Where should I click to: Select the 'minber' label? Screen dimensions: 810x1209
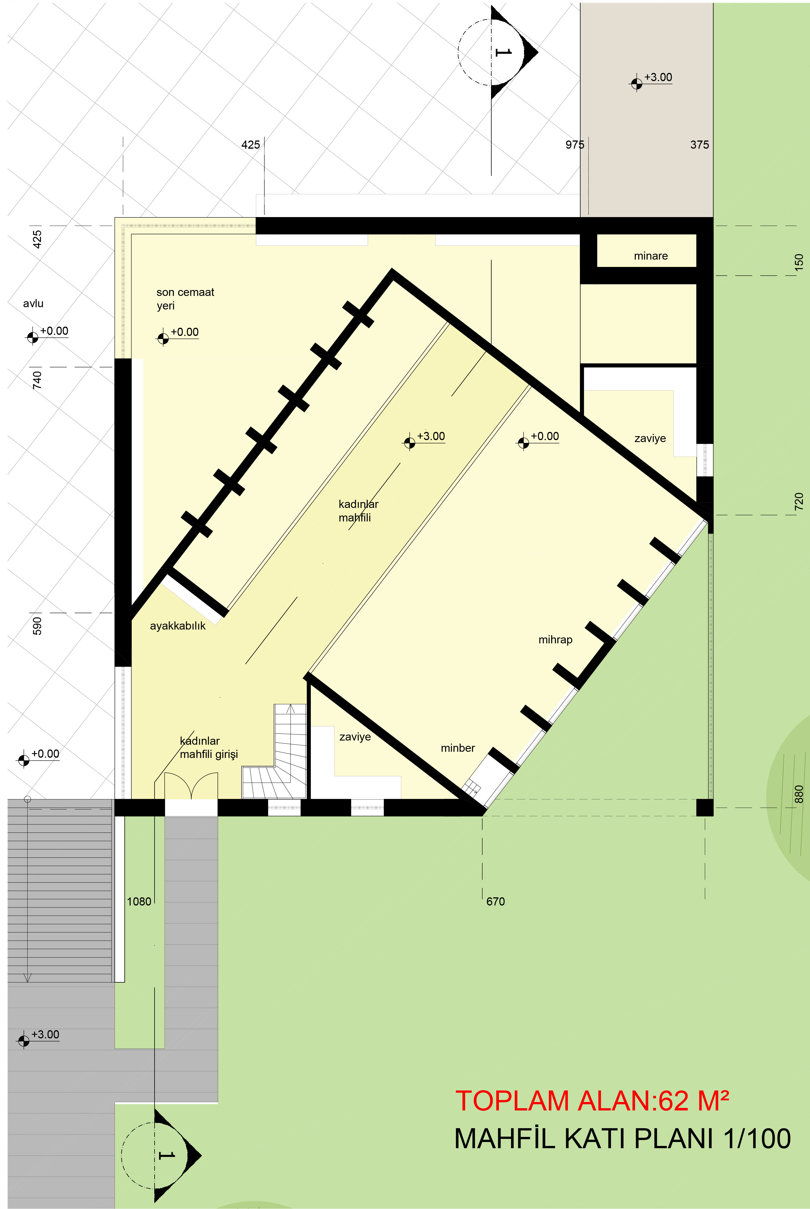click(458, 748)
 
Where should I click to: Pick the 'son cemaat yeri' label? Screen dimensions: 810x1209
click(185, 298)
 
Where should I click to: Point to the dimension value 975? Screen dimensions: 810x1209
click(574, 145)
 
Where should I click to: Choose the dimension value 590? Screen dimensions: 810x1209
click(37, 625)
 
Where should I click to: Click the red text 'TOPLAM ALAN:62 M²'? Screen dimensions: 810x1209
click(592, 1101)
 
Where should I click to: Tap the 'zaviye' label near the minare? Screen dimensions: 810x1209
click(650, 438)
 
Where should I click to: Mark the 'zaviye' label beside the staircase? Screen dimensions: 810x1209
click(355, 737)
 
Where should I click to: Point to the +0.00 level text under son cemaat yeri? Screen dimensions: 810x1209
click(184, 332)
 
